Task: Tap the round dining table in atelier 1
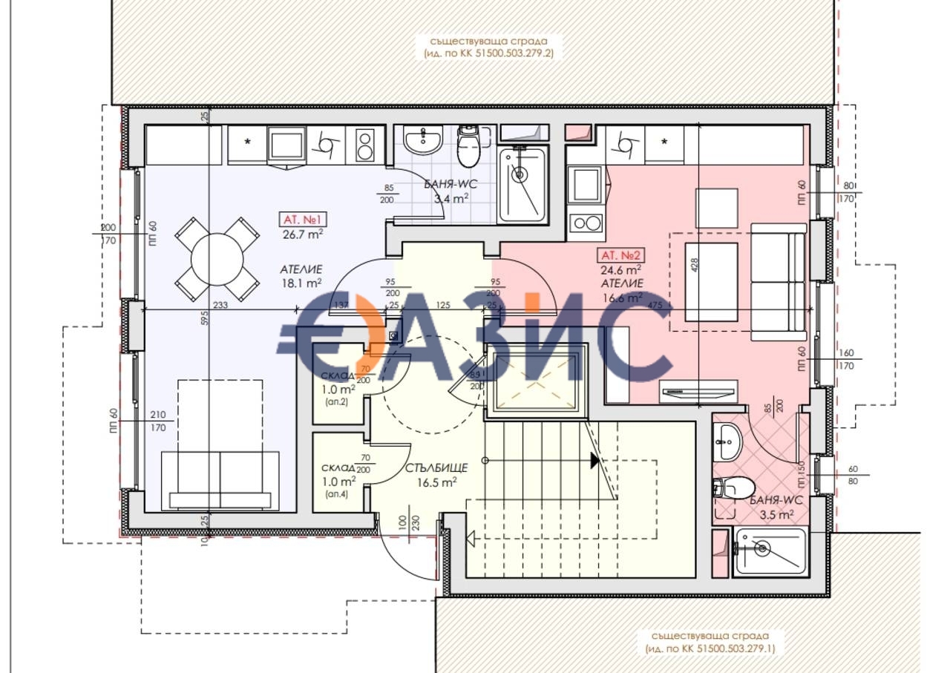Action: tap(217, 259)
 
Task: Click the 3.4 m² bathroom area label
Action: tap(450, 198)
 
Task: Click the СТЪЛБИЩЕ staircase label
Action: tap(436, 468)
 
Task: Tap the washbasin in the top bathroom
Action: tap(424, 139)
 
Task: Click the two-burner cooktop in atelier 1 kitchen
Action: tap(365, 145)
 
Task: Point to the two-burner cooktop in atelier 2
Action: tap(584, 223)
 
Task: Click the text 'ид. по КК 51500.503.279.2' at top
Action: tap(489, 53)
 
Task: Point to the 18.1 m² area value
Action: tap(301, 283)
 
